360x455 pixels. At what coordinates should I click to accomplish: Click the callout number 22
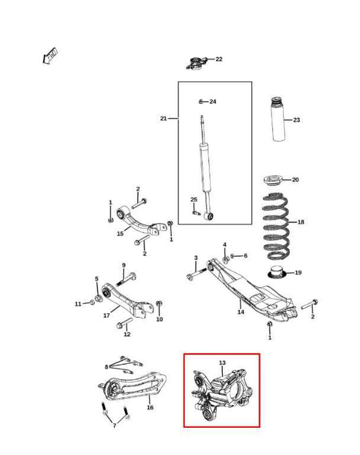coord(218,59)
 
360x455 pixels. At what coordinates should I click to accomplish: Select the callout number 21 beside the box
coord(163,118)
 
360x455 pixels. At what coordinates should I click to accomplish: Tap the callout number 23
coord(297,120)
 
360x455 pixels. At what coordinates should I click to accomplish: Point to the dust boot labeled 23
coord(278,121)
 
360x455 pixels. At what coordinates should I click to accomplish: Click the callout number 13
coord(222,364)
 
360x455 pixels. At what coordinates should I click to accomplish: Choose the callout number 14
coord(240,312)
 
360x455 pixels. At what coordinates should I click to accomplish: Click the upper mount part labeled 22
coord(196,64)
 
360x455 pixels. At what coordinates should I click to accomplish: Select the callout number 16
coord(150,408)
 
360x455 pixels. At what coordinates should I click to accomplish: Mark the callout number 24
coord(213,101)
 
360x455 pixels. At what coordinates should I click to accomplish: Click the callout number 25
coord(194,199)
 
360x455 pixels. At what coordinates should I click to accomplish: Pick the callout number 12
coord(126,334)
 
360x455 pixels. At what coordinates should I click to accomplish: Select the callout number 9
coord(124,265)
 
